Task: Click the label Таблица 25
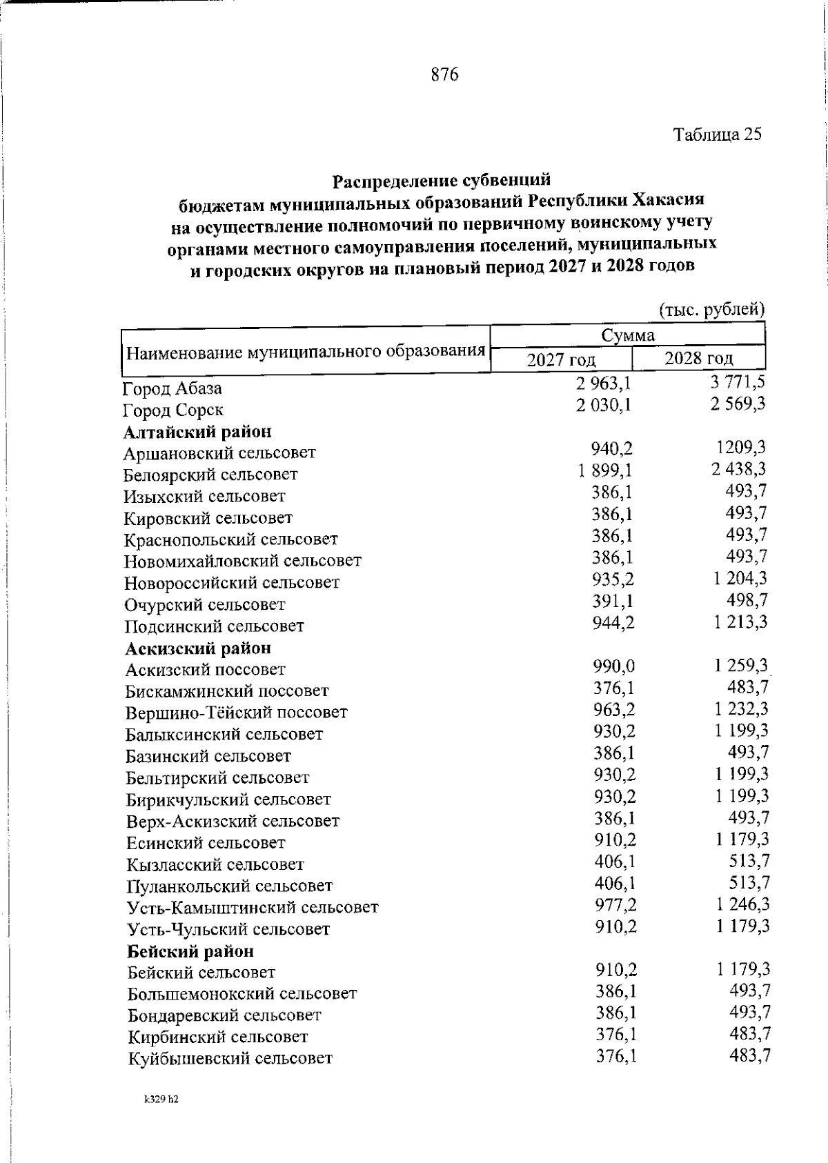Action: pos(718,135)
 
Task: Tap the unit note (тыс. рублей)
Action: pos(711,310)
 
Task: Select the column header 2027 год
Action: pos(561,360)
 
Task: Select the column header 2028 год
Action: pos(698,359)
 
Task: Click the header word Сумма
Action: pos(627,336)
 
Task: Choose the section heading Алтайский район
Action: pos(197,432)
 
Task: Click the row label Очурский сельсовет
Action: pos(205,605)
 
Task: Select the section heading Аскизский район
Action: pos(198,648)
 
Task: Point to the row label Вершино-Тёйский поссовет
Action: pos(237,713)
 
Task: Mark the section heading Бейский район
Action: pos(191,951)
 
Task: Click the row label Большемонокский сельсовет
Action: pos(242,994)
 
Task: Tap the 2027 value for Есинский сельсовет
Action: pos(615,839)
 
